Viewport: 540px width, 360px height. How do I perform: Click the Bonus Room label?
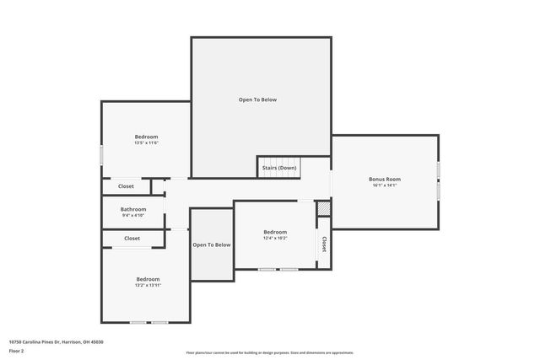(x=384, y=179)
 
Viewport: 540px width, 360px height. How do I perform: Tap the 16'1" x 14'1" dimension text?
(x=384, y=185)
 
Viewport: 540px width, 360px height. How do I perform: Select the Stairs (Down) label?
(x=278, y=168)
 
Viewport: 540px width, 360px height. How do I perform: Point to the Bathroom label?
(x=133, y=209)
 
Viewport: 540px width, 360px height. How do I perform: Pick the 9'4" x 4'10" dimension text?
(x=133, y=216)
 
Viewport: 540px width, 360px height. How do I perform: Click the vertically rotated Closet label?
(x=323, y=244)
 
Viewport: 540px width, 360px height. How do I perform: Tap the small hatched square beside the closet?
(x=323, y=208)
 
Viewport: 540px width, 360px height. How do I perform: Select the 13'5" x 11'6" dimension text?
(x=146, y=143)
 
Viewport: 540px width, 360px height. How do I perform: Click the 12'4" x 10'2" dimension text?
(x=275, y=239)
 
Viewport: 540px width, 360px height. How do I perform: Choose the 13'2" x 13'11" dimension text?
(x=148, y=286)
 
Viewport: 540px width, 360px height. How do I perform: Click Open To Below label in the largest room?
(x=257, y=99)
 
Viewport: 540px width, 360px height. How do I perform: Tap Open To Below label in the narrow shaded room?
(x=211, y=245)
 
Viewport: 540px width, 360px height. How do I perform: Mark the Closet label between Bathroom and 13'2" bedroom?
(x=132, y=239)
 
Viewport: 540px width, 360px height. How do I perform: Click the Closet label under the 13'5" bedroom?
(x=126, y=185)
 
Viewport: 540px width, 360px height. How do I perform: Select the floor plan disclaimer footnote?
(x=269, y=352)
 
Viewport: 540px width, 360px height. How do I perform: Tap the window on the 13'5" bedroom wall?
(x=102, y=155)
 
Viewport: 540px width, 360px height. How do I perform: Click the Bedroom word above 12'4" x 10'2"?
(x=275, y=232)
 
